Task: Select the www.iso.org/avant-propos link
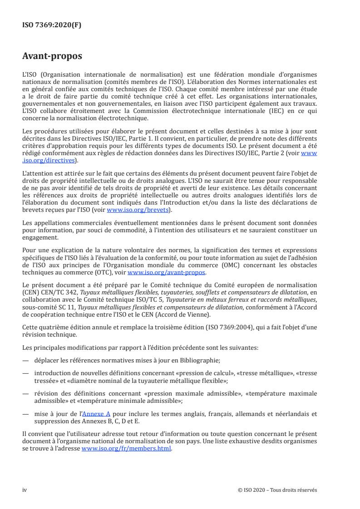(x=167, y=273)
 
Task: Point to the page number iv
(x=25, y=490)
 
